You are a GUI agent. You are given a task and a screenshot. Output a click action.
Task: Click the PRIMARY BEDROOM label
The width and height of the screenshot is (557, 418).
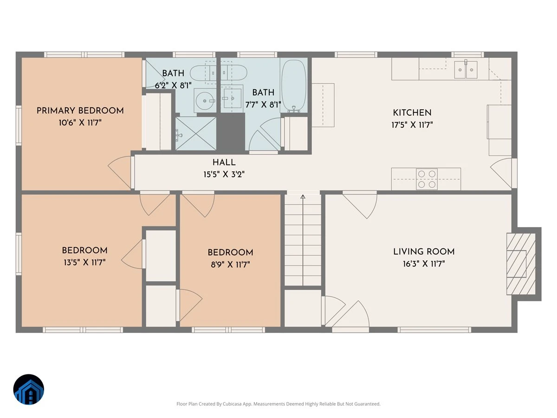pyautogui.click(x=80, y=111)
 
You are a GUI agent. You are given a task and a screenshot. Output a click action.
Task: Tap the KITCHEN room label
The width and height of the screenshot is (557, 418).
pyautogui.click(x=412, y=113)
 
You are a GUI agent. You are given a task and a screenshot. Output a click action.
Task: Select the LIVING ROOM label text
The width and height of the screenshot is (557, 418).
pyautogui.click(x=424, y=252)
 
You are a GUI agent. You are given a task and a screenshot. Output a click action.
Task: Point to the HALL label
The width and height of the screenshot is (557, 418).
pyautogui.click(x=224, y=163)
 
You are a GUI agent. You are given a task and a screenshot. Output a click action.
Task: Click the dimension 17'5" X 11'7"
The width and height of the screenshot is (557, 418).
pyautogui.click(x=412, y=125)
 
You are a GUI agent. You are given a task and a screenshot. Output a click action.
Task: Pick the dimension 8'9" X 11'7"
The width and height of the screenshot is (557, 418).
pyautogui.click(x=230, y=265)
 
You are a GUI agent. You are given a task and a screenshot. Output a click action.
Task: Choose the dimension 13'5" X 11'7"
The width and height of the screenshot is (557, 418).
pyautogui.click(x=85, y=262)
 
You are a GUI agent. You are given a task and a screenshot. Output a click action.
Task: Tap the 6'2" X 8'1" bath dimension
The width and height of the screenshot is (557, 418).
pyautogui.click(x=173, y=85)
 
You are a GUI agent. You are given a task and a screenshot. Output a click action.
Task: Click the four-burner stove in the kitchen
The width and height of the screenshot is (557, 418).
pyautogui.click(x=427, y=179)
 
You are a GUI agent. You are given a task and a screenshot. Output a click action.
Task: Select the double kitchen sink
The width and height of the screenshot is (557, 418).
pyautogui.click(x=466, y=70)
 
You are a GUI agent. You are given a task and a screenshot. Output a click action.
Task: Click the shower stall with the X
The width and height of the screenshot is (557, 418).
pyautogui.click(x=196, y=133)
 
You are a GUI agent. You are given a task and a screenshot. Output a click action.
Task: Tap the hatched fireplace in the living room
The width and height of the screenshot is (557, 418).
pyautogui.click(x=521, y=264)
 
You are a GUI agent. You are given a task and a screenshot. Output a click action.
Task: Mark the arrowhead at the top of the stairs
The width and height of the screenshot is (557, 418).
pyautogui.click(x=303, y=196)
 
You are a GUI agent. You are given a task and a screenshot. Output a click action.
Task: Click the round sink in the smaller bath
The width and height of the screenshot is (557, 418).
pyautogui.click(x=205, y=101)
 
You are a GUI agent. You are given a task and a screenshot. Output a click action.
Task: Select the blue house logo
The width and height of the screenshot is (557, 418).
pyautogui.click(x=29, y=390)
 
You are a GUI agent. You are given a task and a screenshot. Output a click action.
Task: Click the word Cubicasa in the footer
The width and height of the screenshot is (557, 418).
pyautogui.click(x=233, y=404)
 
